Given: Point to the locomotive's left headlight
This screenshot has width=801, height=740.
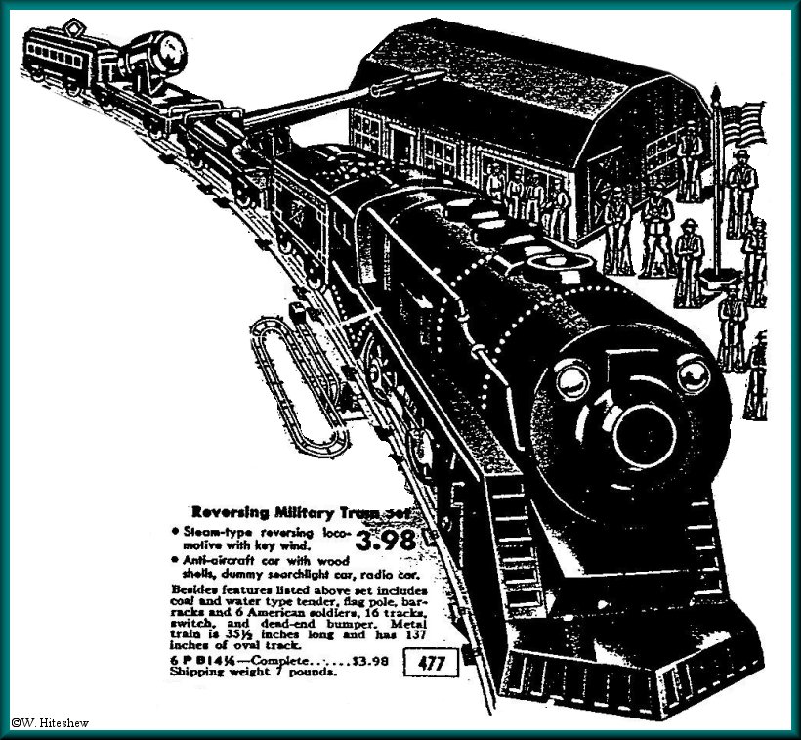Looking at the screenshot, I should pos(573,377).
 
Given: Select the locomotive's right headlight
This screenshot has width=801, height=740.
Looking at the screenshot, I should pos(693,372).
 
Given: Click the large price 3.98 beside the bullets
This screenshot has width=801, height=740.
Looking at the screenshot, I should pos(389,541).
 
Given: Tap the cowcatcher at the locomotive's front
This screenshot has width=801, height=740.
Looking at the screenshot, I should pos(625,665).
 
